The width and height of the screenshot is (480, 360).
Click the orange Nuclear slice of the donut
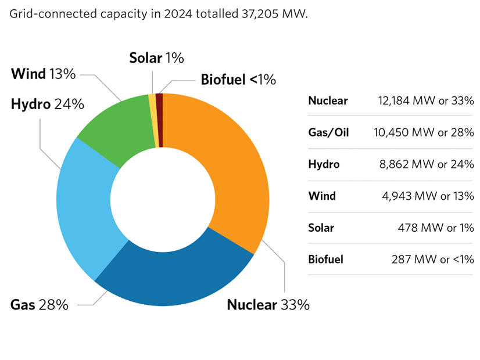pos(232,163)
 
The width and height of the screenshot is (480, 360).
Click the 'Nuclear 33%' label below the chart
pos(268,304)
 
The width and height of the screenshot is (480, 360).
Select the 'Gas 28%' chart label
pos(40,304)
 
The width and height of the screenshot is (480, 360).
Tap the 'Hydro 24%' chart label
pos(48,105)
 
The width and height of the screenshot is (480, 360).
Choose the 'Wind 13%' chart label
pos(43,74)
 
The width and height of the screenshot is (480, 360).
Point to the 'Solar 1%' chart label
pos(156,57)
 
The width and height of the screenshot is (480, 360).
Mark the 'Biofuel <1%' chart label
pos(238,80)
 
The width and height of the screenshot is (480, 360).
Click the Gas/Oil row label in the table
pos(328,132)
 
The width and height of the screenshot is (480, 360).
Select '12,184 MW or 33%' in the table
pos(426,101)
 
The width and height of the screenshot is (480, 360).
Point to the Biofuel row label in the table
pos(325,259)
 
